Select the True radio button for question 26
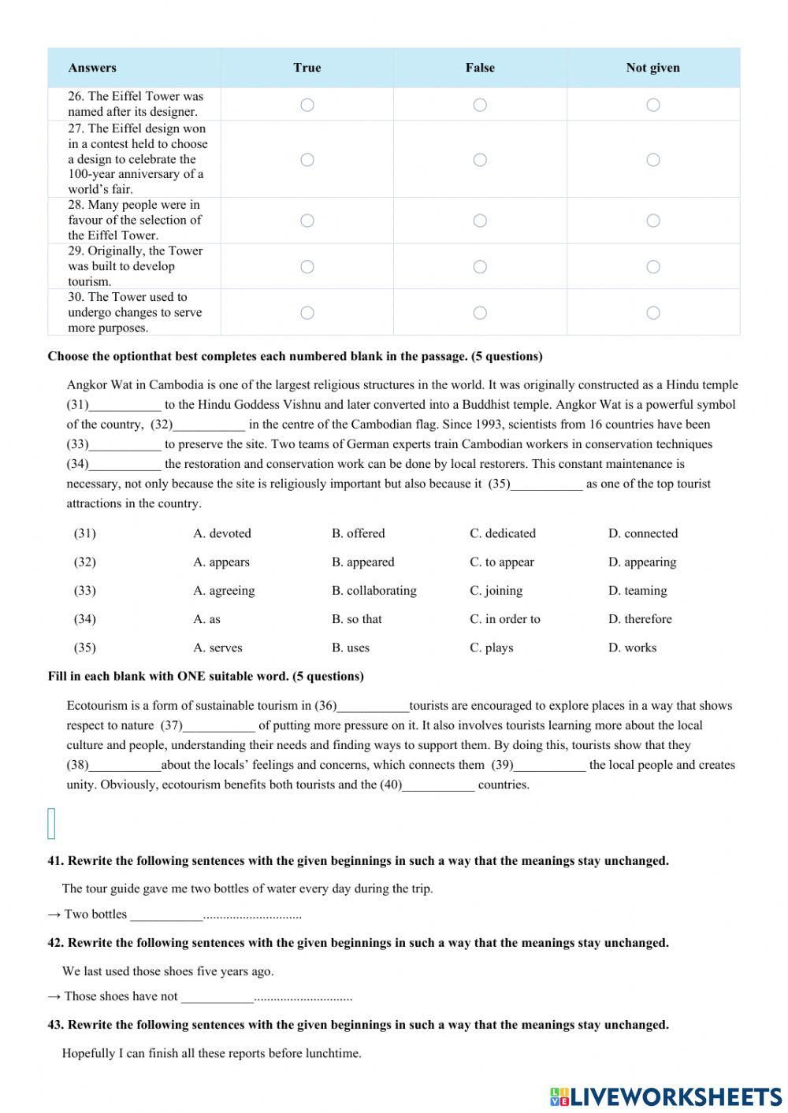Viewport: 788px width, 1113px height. point(307,105)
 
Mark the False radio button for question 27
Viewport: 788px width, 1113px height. point(480,160)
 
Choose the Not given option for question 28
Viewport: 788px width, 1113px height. point(653,221)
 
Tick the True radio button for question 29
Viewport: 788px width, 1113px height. point(307,267)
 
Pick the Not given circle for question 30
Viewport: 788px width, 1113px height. point(653,313)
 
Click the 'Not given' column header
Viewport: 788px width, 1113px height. point(652,68)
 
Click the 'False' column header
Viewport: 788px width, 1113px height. point(480,68)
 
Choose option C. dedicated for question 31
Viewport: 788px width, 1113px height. point(503,533)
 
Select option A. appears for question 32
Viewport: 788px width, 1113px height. point(221,562)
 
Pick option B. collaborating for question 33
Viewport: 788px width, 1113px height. point(374,591)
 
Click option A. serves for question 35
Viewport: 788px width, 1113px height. point(218,647)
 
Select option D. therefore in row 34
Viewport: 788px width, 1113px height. point(640,619)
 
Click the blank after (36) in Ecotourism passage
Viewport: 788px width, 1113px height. point(373,707)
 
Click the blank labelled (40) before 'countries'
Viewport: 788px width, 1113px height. point(438,785)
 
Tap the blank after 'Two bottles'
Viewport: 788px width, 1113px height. point(166,915)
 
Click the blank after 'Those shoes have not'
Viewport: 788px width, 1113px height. point(217,997)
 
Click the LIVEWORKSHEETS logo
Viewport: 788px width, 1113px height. point(666,1096)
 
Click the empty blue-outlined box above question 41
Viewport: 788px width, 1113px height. point(52,823)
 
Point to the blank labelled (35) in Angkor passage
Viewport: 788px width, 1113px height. point(546,484)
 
